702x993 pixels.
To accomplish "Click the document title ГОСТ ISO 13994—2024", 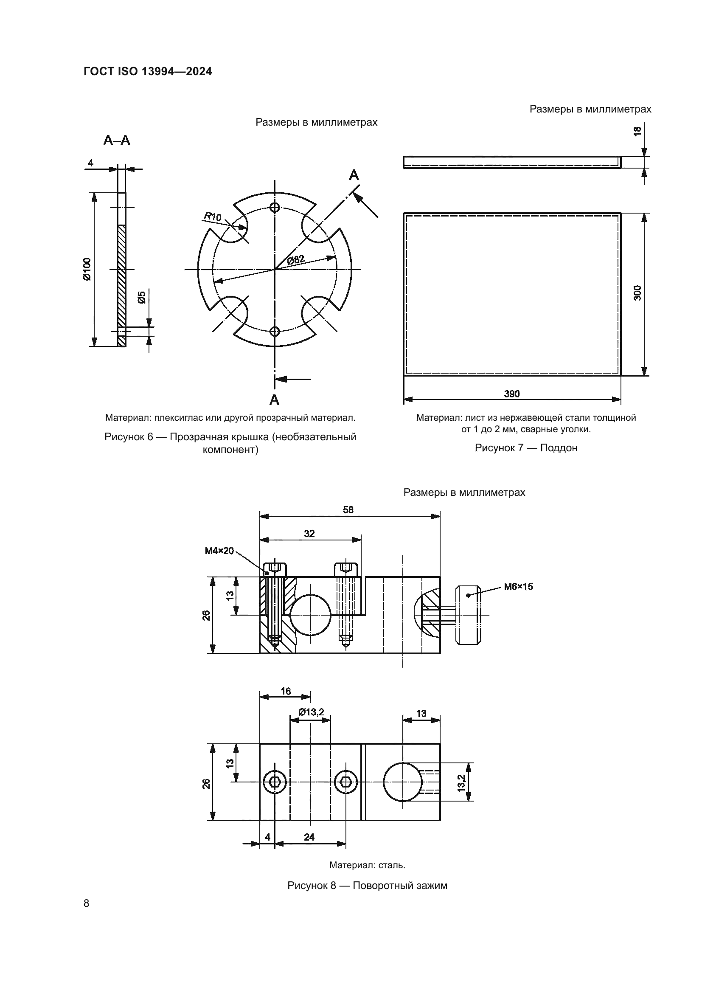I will [148, 71].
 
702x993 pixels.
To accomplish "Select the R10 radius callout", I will [212, 216].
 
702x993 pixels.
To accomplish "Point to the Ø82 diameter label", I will [296, 259].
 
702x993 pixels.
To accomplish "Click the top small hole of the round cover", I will [275, 207].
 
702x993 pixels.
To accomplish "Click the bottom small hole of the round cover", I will [275, 332].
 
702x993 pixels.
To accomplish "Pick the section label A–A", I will [117, 141].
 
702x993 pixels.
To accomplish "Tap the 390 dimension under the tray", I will [512, 394].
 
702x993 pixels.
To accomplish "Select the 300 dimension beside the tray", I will [637, 293].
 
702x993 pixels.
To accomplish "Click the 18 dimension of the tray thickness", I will [637, 132].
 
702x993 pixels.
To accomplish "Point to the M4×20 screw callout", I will [219, 551].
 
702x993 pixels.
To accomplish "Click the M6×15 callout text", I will [518, 587].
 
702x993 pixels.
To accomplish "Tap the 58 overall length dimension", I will [348, 510].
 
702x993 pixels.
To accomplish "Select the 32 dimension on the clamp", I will [309, 534].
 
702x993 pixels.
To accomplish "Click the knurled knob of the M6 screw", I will [468, 615].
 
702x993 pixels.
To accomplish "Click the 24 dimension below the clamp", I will [309, 837].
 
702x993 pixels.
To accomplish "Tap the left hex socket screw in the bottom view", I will [275, 782].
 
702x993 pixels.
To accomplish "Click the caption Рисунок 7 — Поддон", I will [526, 447].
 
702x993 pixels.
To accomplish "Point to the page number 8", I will [87, 903].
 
